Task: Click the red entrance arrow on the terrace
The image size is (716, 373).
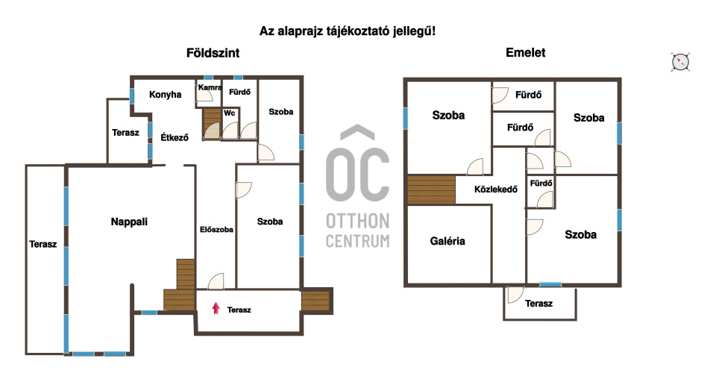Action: tap(216, 309)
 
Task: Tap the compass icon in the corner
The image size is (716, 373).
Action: tap(680, 62)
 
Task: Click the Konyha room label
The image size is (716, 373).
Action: tap(166, 95)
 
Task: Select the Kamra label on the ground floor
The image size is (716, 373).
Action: tap(210, 87)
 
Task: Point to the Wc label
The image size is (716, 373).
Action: tap(229, 113)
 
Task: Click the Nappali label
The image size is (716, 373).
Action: tap(129, 222)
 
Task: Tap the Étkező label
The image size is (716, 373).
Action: tap(175, 137)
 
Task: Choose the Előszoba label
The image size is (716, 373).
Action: tap(216, 230)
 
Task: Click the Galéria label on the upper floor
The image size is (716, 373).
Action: tap(447, 241)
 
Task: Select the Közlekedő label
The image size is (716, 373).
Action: tap(496, 189)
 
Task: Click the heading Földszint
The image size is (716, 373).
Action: tap(213, 53)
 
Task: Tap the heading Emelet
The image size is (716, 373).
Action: tap(526, 52)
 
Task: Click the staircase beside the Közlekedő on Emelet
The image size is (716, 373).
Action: tap(432, 190)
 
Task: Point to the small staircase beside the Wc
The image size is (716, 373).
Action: tap(212, 124)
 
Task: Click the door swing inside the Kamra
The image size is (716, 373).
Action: tap(204, 93)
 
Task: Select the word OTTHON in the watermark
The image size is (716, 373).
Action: tap(357, 222)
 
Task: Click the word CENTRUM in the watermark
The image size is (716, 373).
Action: tap(357, 241)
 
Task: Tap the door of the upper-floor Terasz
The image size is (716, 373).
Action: tap(515, 295)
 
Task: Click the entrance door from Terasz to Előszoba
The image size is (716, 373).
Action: tap(216, 281)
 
